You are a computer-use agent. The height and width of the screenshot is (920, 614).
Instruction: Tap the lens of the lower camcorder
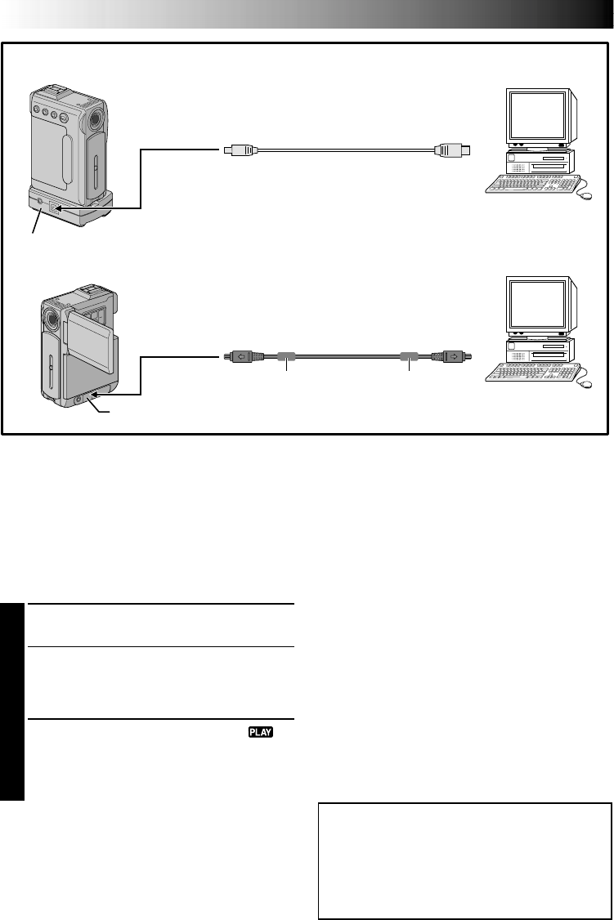click(52, 319)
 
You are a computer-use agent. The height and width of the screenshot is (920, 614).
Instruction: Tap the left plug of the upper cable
click(240, 150)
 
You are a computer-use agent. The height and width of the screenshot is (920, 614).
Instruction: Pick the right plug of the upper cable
click(450, 150)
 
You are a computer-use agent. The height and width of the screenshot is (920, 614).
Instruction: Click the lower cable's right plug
click(453, 356)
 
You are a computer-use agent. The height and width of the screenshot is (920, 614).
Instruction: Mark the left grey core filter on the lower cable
click(285, 356)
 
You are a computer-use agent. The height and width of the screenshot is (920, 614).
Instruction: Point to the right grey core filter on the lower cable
click(408, 356)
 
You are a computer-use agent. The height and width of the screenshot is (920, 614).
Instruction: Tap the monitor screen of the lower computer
click(536, 304)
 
